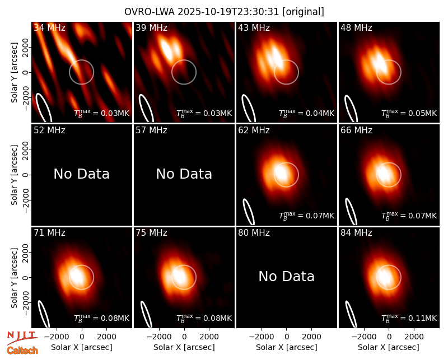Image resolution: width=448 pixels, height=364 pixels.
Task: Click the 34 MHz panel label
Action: (x=49, y=27)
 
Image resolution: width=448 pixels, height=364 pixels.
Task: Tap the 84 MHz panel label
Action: (x=356, y=233)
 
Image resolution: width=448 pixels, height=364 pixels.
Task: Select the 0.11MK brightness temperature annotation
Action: (x=409, y=318)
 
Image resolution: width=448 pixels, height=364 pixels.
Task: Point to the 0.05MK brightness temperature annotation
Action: (x=409, y=113)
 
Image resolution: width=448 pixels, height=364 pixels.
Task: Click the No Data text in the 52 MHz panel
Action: (x=81, y=174)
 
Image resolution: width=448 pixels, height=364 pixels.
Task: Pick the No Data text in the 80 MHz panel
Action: (x=286, y=276)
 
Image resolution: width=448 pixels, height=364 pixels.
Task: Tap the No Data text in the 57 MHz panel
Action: (x=184, y=174)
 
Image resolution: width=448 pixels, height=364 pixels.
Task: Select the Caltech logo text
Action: (x=22, y=351)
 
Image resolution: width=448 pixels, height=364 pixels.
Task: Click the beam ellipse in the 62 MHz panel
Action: (x=248, y=212)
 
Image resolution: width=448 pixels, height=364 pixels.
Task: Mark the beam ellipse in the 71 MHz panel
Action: (x=44, y=314)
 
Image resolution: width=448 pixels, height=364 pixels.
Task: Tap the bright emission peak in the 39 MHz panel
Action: (x=167, y=49)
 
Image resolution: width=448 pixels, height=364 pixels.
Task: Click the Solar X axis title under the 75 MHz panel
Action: (x=184, y=347)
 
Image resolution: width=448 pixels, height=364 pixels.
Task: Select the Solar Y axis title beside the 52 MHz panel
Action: (x=14, y=175)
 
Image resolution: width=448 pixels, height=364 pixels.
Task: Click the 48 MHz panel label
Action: (x=356, y=27)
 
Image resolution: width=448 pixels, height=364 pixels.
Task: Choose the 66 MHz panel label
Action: (x=356, y=130)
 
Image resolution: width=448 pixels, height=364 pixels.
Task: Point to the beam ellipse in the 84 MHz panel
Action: (x=351, y=314)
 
